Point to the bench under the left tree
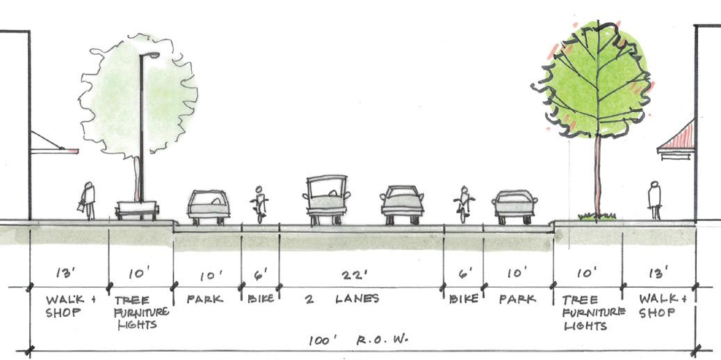pyautogui.click(x=137, y=210)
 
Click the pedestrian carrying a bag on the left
pyautogui.click(x=88, y=201)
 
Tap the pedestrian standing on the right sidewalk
pyautogui.click(x=654, y=200)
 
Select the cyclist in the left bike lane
pyautogui.click(x=259, y=204)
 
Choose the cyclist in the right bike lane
pyautogui.click(x=464, y=204)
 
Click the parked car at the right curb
pyautogui.click(x=515, y=206)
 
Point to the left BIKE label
pyautogui.click(x=259, y=300)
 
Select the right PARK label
pyautogui.click(x=517, y=300)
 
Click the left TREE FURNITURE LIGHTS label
pyautogui.click(x=140, y=312)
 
